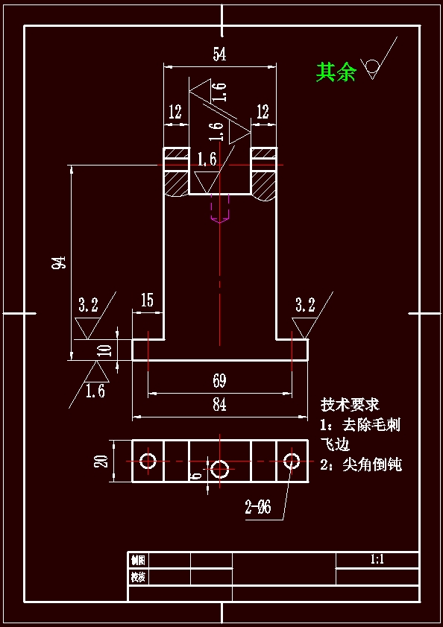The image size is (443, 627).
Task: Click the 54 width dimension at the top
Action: coord(219,54)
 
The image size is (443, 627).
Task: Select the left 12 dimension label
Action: coord(175,113)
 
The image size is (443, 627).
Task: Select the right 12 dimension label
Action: coord(263,113)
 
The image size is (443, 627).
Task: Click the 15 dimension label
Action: coord(146,300)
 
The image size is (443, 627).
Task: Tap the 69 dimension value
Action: coord(219,381)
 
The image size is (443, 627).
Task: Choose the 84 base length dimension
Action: coord(219,405)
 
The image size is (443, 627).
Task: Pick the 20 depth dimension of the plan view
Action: coord(102,461)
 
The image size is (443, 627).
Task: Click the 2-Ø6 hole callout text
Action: coord(258,508)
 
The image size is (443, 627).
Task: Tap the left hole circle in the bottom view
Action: coord(148,461)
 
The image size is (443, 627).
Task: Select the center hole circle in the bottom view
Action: coord(219,468)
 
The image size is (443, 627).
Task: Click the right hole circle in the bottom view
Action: coord(292,461)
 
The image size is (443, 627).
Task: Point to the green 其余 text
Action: coord(336,72)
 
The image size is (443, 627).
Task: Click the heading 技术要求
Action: coord(350,405)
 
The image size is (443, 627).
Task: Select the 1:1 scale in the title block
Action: coord(377,560)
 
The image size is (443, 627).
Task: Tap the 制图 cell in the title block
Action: coord(138,560)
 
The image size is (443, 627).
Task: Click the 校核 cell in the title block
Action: coord(138,577)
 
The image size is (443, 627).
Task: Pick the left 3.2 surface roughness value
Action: coord(88,305)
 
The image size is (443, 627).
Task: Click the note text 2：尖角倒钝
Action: coord(361,464)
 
